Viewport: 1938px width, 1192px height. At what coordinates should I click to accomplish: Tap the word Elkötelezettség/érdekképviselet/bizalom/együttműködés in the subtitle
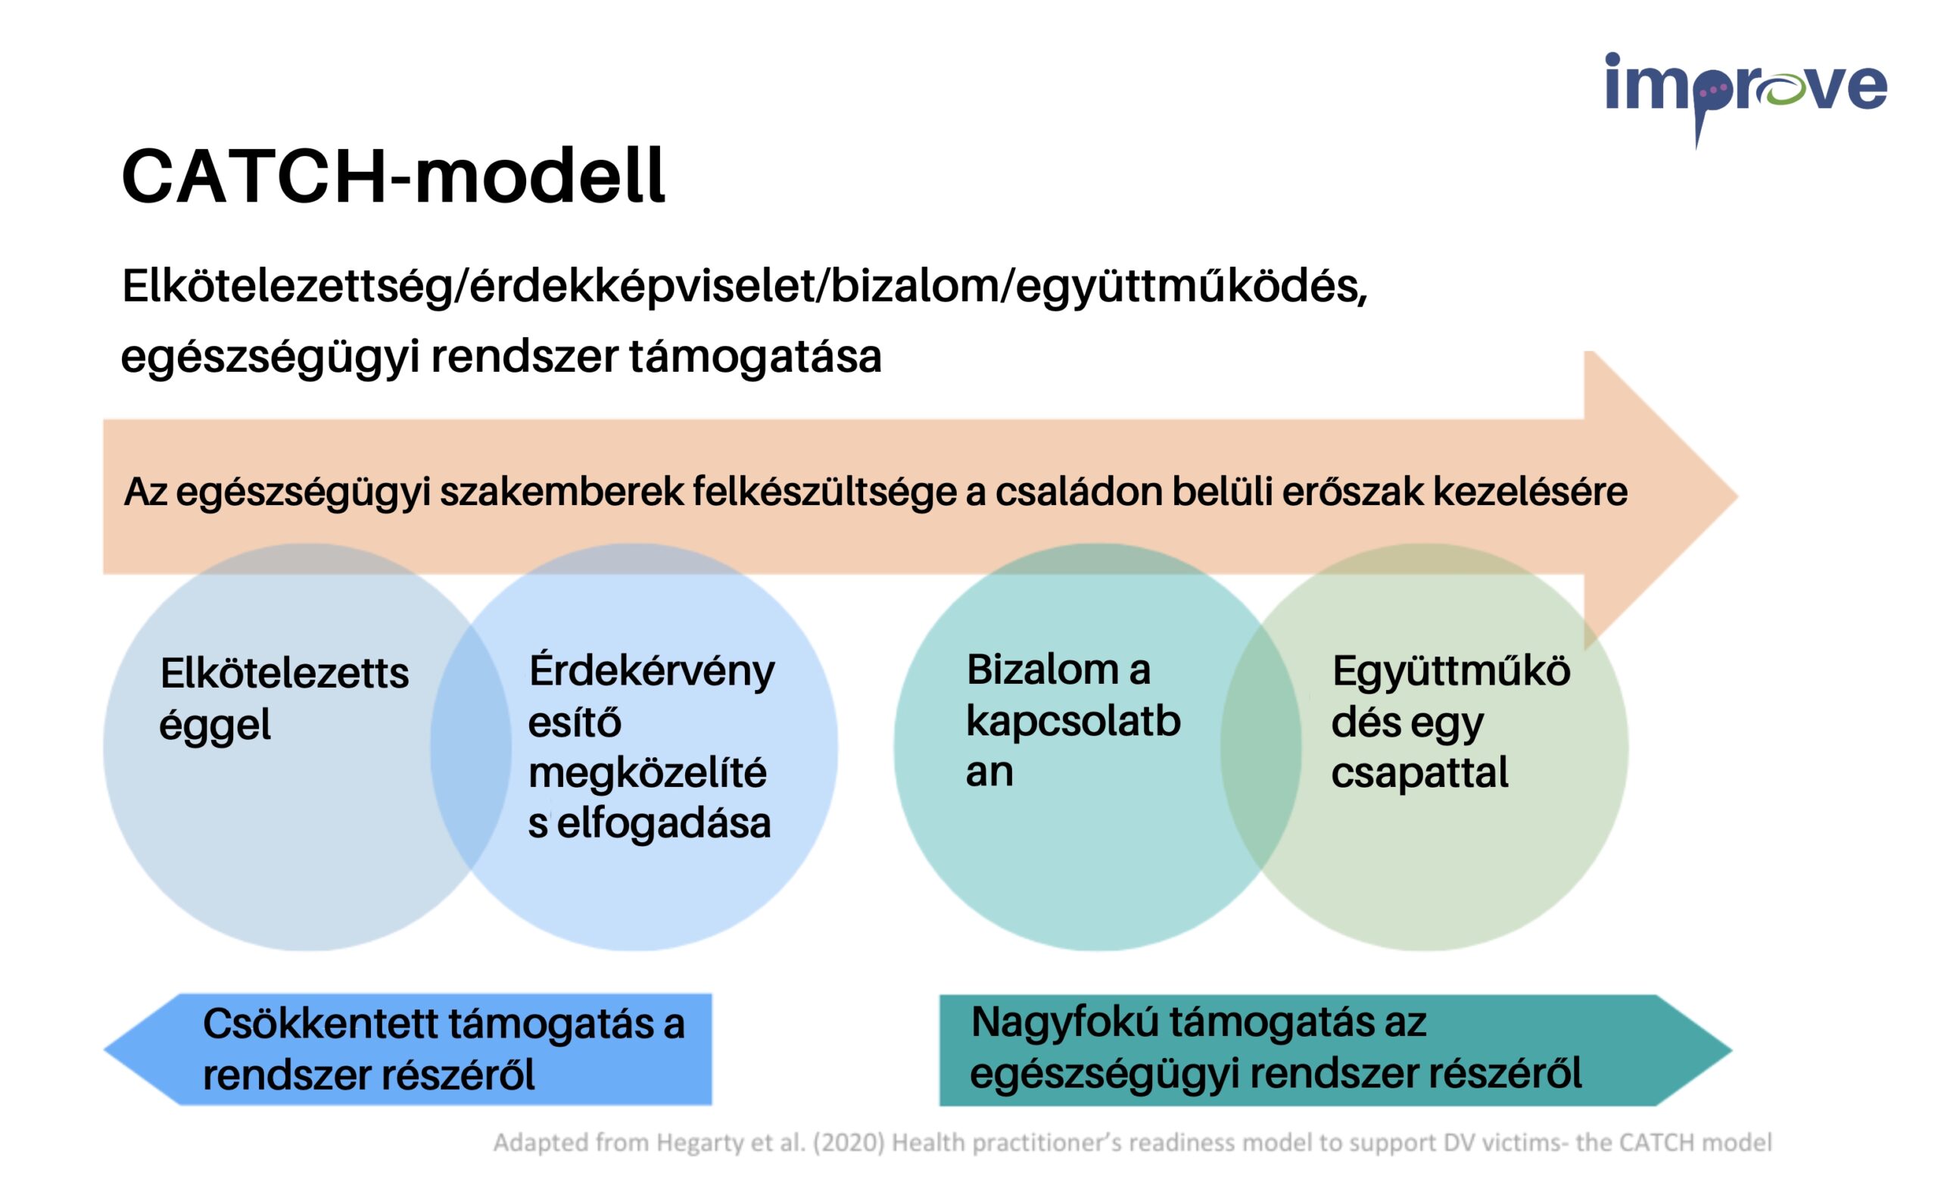(745, 287)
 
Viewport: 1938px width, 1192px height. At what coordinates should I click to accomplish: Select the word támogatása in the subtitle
(755, 357)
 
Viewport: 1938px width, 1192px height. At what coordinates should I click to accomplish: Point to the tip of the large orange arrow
(1738, 496)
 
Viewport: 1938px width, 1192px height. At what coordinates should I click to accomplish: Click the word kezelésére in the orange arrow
(1530, 491)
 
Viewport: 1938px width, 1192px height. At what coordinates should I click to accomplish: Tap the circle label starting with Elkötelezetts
(284, 699)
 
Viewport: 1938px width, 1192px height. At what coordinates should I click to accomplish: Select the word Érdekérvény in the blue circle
(652, 672)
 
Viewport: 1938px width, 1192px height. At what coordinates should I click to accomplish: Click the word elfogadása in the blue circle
(664, 825)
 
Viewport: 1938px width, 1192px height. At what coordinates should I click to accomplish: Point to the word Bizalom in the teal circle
(1042, 670)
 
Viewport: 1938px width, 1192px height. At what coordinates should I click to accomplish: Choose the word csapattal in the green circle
(1419, 772)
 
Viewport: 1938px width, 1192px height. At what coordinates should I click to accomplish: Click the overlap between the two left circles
(471, 747)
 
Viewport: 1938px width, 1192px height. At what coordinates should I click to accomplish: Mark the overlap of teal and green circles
(1261, 747)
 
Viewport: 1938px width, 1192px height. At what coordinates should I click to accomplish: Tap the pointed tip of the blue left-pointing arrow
(104, 1050)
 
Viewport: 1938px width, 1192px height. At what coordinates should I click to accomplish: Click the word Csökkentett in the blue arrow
(320, 1024)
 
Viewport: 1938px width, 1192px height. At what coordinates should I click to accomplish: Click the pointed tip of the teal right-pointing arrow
(1732, 1051)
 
